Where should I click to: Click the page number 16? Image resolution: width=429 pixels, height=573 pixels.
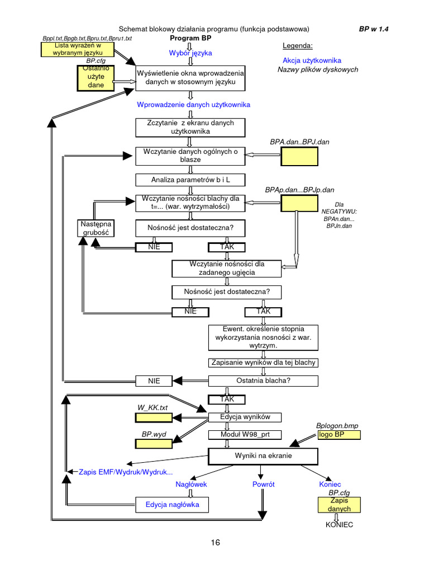click(215, 542)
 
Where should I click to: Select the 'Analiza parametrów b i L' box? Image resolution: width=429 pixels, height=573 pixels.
click(190, 180)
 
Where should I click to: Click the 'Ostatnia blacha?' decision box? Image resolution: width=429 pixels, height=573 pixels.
click(263, 381)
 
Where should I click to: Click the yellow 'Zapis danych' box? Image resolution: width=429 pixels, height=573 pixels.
click(340, 505)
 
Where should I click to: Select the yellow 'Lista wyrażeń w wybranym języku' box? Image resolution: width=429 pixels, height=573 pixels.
click(78, 49)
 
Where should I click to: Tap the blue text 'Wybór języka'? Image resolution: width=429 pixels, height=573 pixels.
click(190, 53)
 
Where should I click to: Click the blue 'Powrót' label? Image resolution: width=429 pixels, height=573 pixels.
click(264, 484)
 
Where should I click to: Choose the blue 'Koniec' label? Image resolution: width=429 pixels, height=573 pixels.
click(330, 484)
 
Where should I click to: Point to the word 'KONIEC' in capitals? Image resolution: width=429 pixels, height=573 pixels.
click(340, 525)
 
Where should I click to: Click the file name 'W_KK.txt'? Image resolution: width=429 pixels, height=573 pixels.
click(152, 407)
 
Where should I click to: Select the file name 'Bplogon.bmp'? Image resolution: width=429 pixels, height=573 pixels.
click(337, 426)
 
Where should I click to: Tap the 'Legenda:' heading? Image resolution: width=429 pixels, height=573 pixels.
click(298, 46)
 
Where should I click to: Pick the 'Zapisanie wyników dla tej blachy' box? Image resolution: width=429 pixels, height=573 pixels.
click(263, 363)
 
